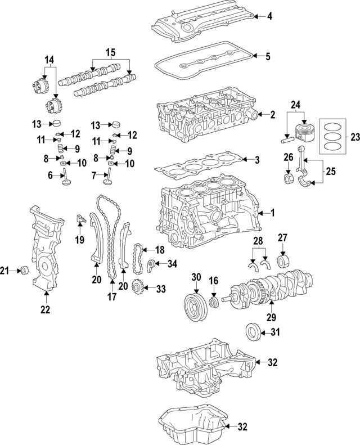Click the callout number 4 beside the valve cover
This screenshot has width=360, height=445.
[269, 16]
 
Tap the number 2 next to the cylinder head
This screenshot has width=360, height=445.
[272, 115]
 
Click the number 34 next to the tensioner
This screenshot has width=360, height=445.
[172, 263]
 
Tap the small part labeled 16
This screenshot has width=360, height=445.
[213, 303]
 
